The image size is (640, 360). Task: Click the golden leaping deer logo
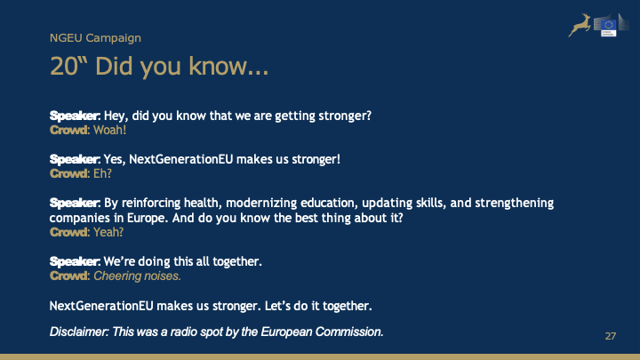tap(580, 25)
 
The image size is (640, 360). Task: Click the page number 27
tap(610, 336)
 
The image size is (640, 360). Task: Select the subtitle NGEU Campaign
tap(95, 38)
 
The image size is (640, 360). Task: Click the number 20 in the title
tap(63, 66)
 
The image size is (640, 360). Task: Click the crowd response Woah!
tap(110, 130)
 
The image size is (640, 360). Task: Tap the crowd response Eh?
tap(102, 173)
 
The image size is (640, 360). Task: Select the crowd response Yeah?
tap(108, 232)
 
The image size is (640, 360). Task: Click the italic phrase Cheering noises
tap(137, 276)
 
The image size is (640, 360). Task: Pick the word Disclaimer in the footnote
tap(79, 332)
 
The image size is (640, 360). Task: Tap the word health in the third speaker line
tap(201, 203)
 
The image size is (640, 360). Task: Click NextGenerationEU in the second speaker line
tap(180, 159)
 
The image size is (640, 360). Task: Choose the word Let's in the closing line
tap(277, 306)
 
